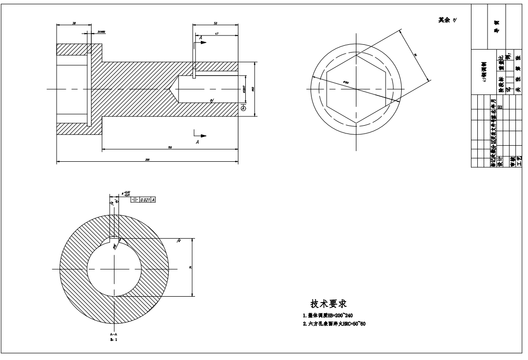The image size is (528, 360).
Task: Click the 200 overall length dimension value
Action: coord(147,159)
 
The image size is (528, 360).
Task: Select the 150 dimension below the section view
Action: coord(170,147)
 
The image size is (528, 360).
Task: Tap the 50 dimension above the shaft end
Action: coord(215,23)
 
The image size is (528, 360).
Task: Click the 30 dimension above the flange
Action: coord(74,23)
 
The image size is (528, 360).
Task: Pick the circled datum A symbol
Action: coord(243,109)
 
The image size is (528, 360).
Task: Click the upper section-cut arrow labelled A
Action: coord(200,41)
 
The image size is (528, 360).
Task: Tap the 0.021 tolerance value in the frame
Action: coord(145,200)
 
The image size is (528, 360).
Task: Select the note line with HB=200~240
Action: coord(333,316)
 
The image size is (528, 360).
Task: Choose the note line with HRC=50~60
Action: coord(334,324)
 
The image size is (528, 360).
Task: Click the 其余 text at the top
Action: coord(443,20)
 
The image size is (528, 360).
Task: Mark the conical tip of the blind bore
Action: coord(173,90)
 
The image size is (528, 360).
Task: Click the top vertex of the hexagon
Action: coord(356,55)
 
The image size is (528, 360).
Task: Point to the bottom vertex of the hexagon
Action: coord(356,122)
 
